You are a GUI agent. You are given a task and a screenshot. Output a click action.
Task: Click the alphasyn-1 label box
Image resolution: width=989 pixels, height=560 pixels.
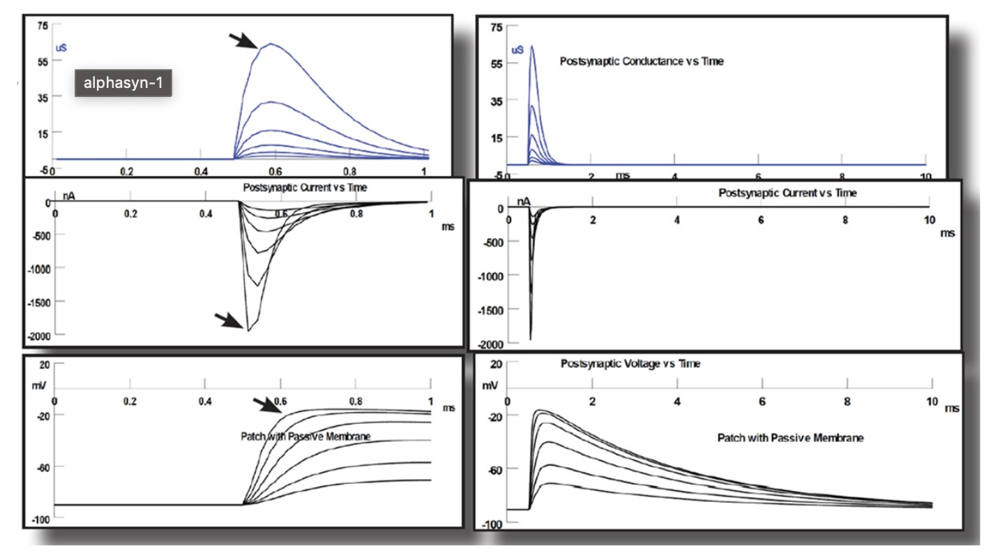tap(123, 83)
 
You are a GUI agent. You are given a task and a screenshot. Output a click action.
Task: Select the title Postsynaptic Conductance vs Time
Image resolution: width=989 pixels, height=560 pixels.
tap(641, 61)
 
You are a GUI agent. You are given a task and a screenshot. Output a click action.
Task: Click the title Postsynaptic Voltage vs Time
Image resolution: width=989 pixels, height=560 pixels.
tap(630, 364)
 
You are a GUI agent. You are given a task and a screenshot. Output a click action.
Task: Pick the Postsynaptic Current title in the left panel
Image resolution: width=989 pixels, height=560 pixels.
tap(305, 188)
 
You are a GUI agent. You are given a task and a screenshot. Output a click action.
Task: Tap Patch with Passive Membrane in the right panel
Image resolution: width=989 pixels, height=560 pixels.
tap(790, 438)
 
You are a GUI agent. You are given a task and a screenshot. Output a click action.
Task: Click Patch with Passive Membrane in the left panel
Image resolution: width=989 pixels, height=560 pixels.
tap(305, 437)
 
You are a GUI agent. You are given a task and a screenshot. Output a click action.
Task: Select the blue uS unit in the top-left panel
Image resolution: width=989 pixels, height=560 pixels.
tap(61, 48)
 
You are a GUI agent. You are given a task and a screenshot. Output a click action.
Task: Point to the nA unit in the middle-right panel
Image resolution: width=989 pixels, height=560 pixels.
tap(524, 201)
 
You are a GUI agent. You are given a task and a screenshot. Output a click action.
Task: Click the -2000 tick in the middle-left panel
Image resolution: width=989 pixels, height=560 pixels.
tap(40, 336)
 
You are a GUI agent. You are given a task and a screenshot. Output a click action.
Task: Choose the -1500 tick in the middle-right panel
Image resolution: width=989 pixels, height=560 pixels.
tap(491, 309)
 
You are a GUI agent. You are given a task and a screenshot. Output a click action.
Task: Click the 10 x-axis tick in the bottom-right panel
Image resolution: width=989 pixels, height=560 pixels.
tap(931, 403)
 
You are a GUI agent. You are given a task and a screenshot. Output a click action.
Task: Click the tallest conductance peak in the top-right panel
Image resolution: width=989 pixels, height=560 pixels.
tap(532, 46)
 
